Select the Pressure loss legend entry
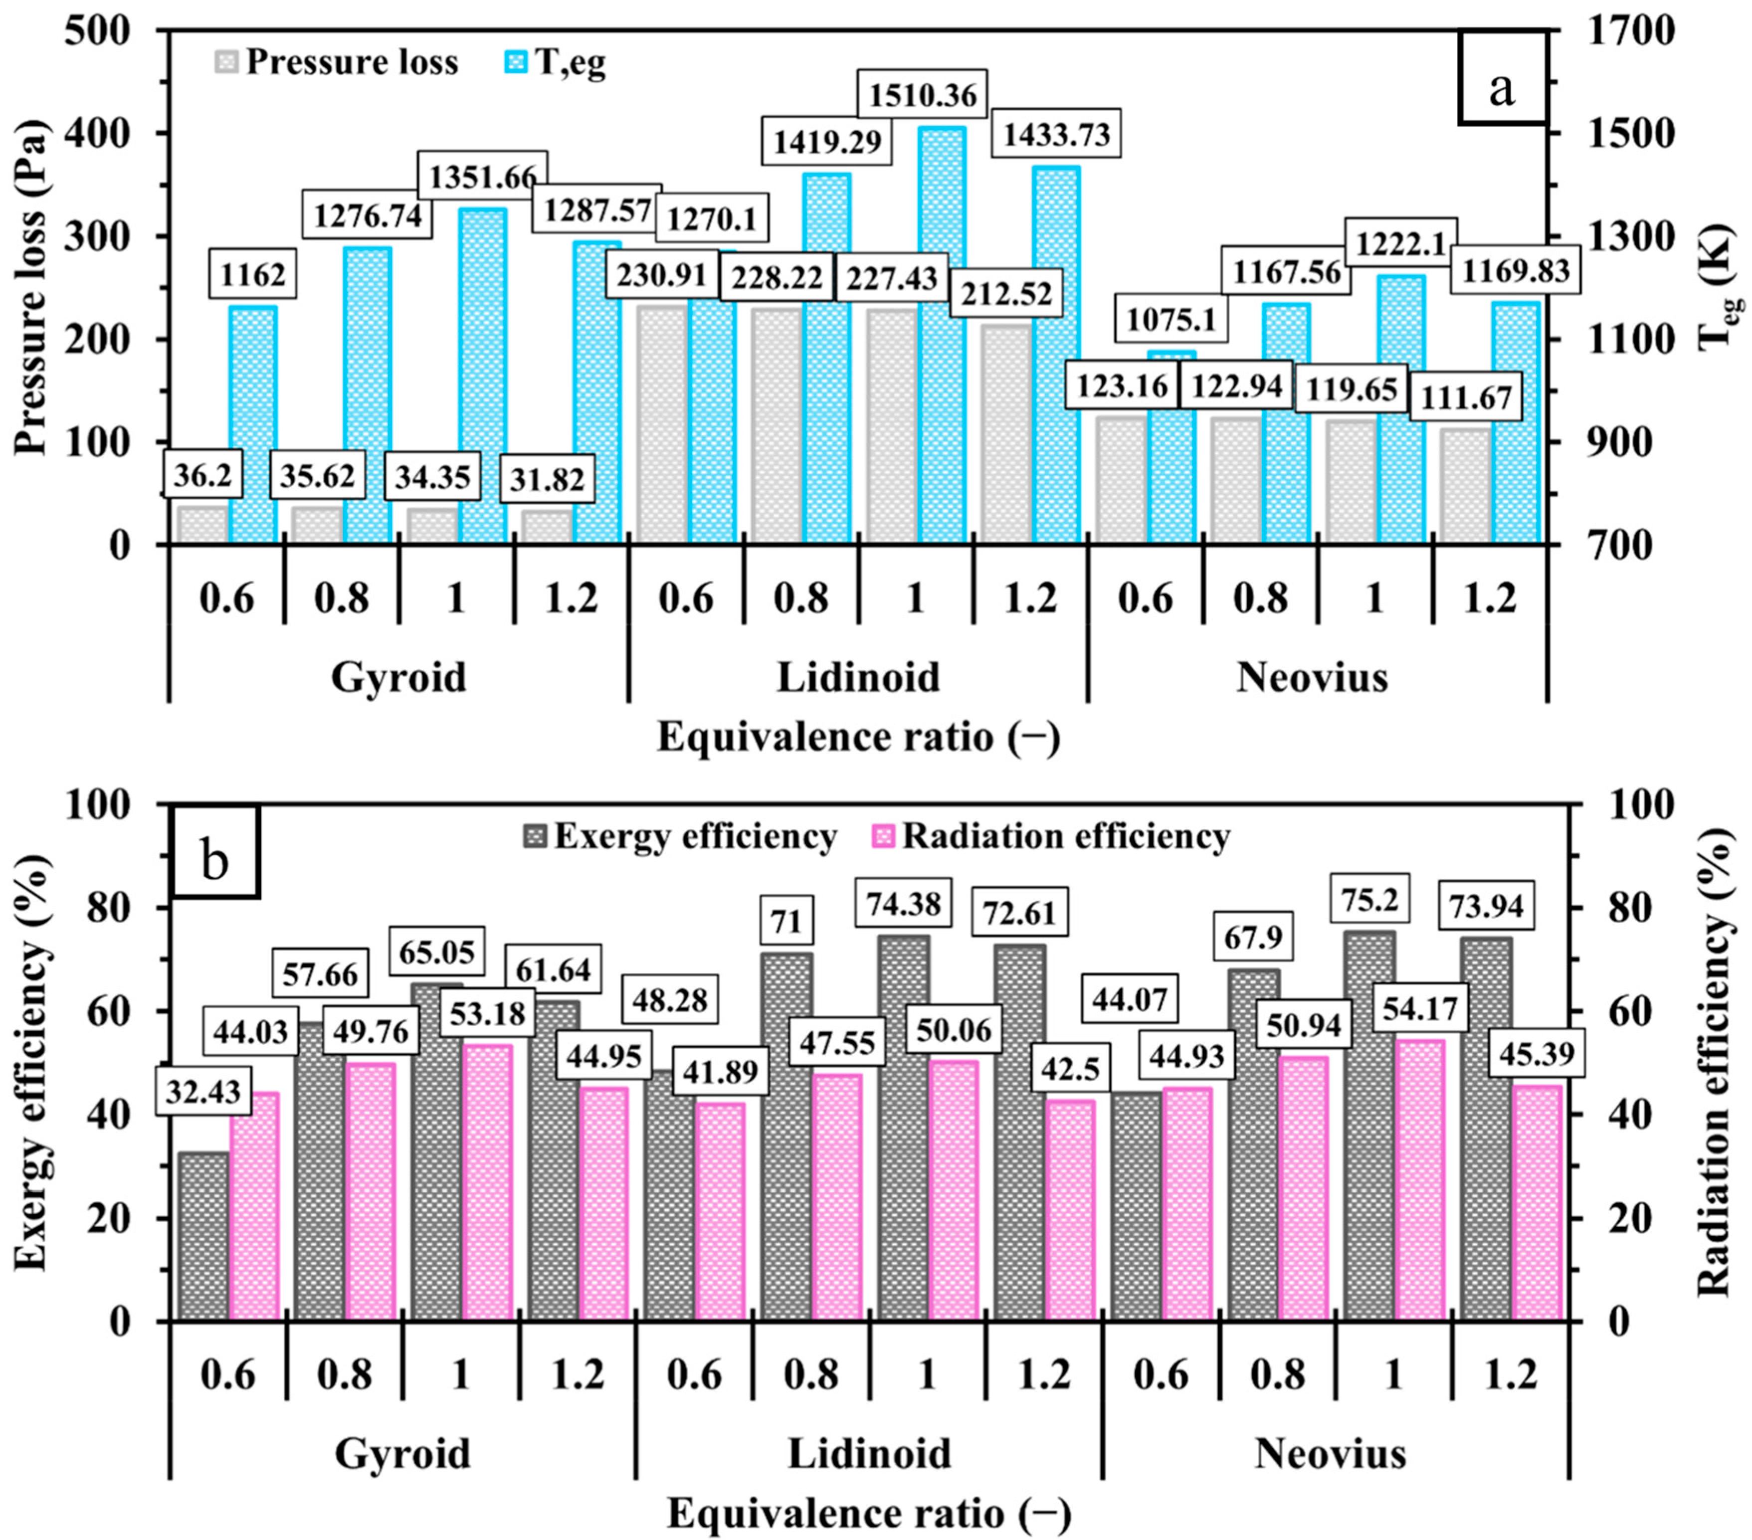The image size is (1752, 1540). [x=336, y=62]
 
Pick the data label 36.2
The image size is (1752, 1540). [x=202, y=474]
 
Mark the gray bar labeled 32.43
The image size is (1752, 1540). [x=203, y=1238]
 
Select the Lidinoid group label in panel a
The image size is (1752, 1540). [x=858, y=677]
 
